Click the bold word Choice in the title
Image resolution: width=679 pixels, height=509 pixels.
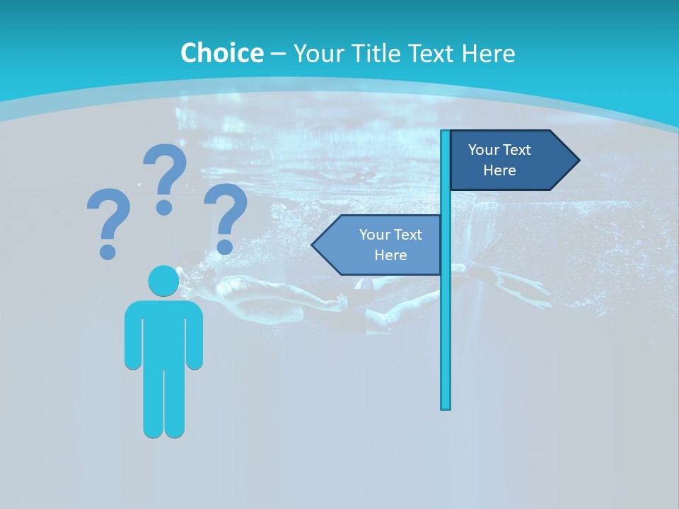tap(221, 53)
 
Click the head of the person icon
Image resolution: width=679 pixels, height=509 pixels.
tap(163, 281)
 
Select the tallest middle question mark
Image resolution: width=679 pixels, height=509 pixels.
tap(165, 177)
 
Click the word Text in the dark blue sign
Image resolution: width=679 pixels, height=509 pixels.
tap(516, 150)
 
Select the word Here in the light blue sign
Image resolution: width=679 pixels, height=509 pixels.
tap(390, 255)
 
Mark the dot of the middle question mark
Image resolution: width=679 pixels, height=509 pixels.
tap(164, 207)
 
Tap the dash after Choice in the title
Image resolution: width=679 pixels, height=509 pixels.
tap(278, 53)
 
